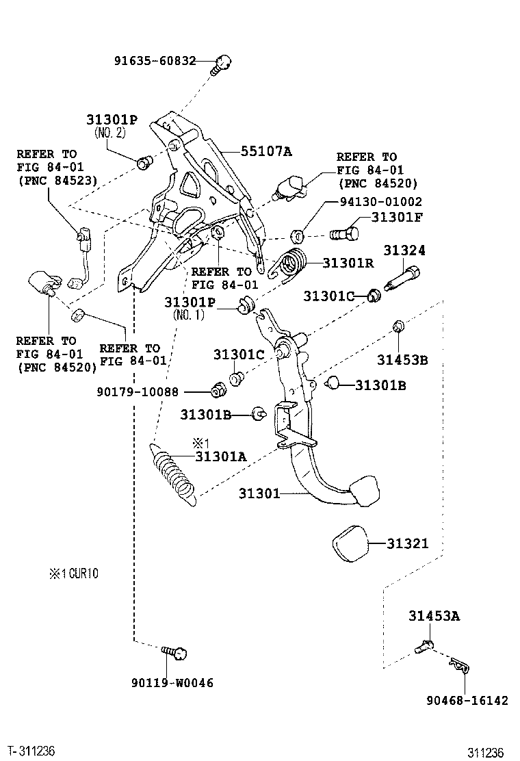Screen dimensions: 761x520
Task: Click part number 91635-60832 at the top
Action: [155, 61]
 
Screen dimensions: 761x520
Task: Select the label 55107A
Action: [265, 151]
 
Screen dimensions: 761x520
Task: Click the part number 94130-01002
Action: [381, 202]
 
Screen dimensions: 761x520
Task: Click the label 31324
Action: [404, 251]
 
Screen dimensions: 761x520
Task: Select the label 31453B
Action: [402, 360]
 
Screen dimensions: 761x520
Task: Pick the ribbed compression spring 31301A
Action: [173, 474]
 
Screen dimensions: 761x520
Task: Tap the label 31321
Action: [407, 544]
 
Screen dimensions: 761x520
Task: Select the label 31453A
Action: [434, 617]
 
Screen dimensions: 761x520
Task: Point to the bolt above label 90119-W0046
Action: [177, 653]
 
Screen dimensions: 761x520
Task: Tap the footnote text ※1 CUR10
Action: [73, 574]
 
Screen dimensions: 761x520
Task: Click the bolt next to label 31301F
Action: [343, 234]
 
